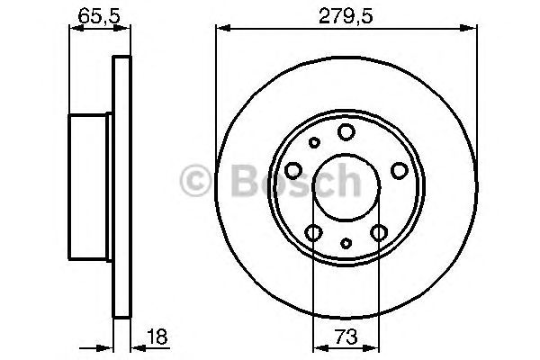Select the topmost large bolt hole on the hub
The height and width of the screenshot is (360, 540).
(346, 133)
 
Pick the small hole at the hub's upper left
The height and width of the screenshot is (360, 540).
(314, 142)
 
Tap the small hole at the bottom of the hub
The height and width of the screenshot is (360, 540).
(346, 242)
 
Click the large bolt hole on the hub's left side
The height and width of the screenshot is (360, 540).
(293, 171)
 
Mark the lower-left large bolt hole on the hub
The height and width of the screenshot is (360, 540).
(313, 234)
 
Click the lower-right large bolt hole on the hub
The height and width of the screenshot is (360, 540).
(379, 234)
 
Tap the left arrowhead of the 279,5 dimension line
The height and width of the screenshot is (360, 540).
(220, 29)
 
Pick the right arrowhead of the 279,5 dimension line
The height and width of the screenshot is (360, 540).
(472, 29)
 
